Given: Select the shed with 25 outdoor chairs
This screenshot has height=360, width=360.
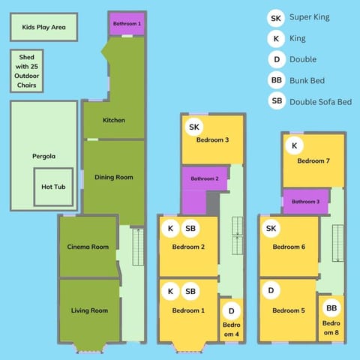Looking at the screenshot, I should pyautogui.click(x=26, y=71).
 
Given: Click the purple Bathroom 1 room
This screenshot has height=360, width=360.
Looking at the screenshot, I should pyautogui.click(x=127, y=24).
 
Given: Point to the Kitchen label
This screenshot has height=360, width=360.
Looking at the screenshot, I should pyautogui.click(x=114, y=120).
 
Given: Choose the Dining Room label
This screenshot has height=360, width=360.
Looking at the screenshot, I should pyautogui.click(x=114, y=177).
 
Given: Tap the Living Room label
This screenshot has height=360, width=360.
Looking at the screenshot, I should pyautogui.click(x=89, y=310).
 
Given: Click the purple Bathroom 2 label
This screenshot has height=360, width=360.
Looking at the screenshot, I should pyautogui.click(x=204, y=178).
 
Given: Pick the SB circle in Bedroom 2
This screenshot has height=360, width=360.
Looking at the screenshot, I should pyautogui.click(x=190, y=228).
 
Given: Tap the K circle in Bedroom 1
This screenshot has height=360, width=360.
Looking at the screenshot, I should pyautogui.click(x=171, y=291).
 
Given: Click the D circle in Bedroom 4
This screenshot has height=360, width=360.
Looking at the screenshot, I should pyautogui.click(x=232, y=310).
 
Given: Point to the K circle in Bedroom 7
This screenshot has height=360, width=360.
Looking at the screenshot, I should pyautogui.click(x=294, y=145).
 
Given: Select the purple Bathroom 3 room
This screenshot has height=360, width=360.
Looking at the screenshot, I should pyautogui.click(x=304, y=202).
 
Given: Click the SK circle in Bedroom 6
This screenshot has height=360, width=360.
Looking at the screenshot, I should pyautogui.click(x=271, y=228).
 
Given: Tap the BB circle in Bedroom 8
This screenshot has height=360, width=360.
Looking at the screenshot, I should pyautogui.click(x=331, y=308).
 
